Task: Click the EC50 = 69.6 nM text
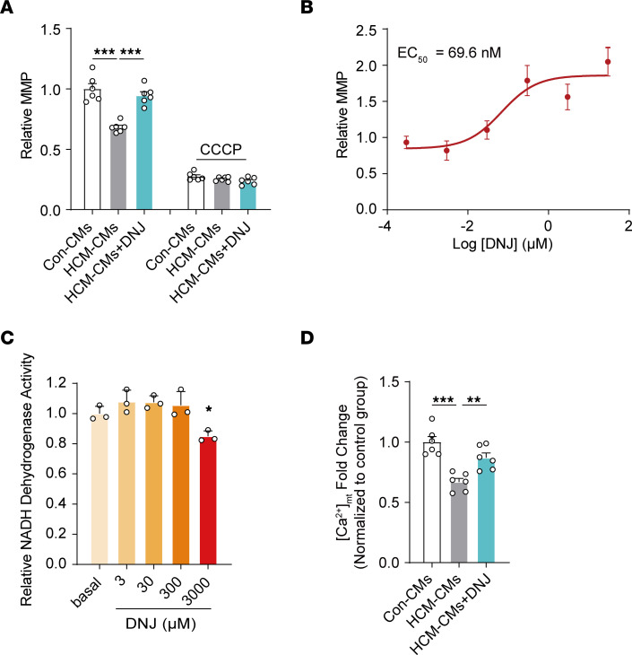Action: pyautogui.click(x=444, y=53)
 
